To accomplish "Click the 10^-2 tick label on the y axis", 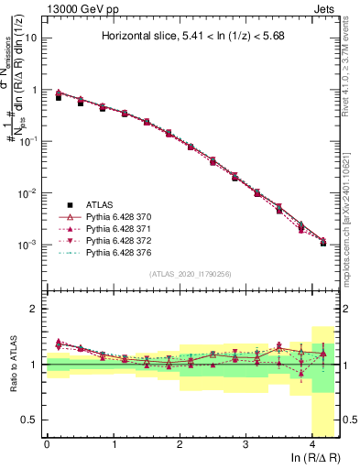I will (x=29, y=193).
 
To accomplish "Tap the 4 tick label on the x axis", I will (x=311, y=443).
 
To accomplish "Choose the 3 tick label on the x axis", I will (x=245, y=443).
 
